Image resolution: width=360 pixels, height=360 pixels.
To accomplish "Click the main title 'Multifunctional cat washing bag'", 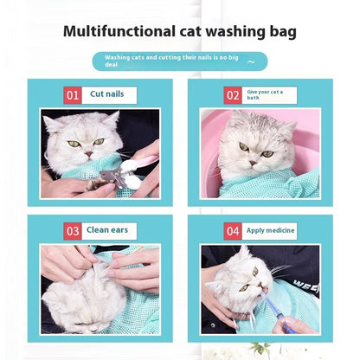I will point(180,33).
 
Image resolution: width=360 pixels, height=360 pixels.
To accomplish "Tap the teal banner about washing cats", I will point(179,61).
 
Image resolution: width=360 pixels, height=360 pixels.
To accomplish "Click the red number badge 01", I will point(73,94).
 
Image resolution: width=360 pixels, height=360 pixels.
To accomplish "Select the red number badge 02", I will point(233,94).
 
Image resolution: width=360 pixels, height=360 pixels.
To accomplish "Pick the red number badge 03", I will point(73,230).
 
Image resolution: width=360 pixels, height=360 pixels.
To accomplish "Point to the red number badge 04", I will point(233,230).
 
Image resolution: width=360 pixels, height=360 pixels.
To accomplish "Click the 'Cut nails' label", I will point(109,94).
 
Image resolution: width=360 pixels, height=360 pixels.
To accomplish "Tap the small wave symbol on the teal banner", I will point(251,61).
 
